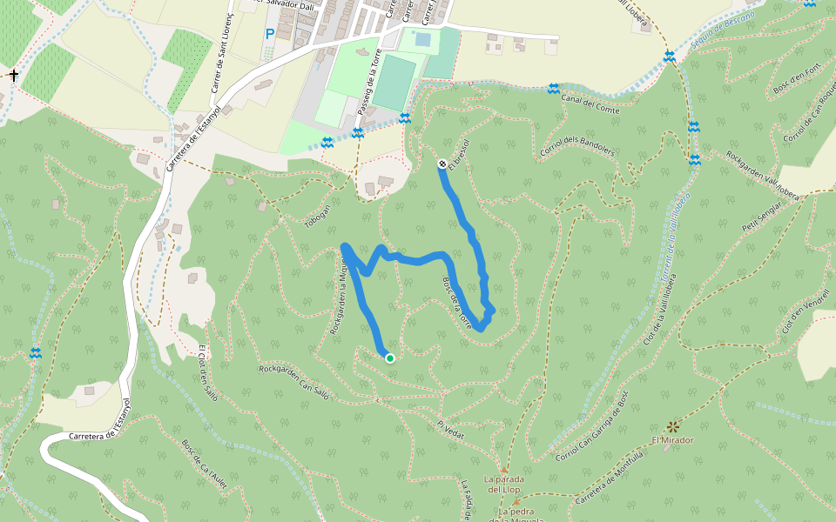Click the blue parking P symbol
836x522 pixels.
[270, 34]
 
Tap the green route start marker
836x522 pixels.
[389, 358]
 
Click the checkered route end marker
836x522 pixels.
[442, 164]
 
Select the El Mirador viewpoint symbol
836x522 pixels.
[673, 426]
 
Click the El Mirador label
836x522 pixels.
[672, 440]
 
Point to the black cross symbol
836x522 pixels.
[14, 76]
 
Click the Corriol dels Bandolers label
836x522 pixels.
[577, 145]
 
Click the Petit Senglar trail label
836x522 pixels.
[760, 215]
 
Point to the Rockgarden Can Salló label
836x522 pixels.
[294, 382]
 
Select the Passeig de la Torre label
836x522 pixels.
[370, 84]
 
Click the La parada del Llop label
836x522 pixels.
[502, 484]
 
